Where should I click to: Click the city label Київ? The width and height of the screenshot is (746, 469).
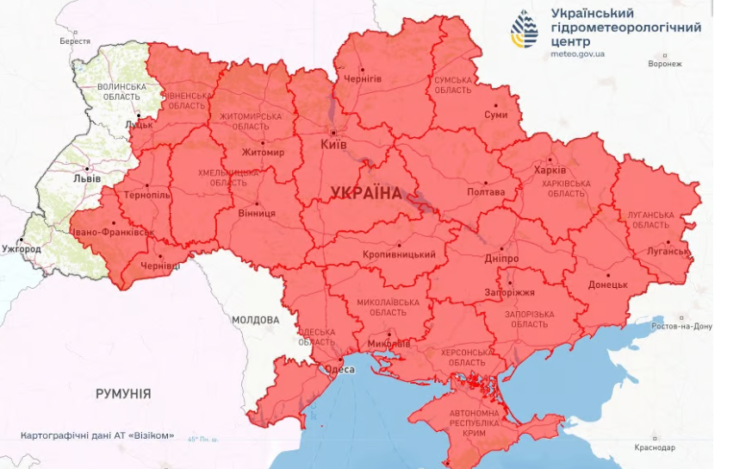pos(333,144)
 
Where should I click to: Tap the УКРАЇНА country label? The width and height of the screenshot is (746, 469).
pos(365,193)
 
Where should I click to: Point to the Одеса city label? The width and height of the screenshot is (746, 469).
pos(340,369)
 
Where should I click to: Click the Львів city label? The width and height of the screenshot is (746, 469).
pos(87,178)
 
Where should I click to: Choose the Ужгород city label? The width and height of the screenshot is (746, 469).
pos(21,250)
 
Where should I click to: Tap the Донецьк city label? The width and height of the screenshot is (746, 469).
pos(608,284)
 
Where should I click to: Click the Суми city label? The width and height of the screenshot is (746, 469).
pos(495,114)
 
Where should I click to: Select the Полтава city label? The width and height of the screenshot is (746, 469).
pos(486,192)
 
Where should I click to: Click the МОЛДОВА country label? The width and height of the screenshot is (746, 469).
pos(255,320)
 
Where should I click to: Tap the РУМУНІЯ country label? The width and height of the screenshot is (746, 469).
pos(123,393)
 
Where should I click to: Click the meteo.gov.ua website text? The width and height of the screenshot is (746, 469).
pos(577,53)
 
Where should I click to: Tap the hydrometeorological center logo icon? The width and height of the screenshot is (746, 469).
pos(524,29)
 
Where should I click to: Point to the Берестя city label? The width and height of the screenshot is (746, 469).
pos(75,41)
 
